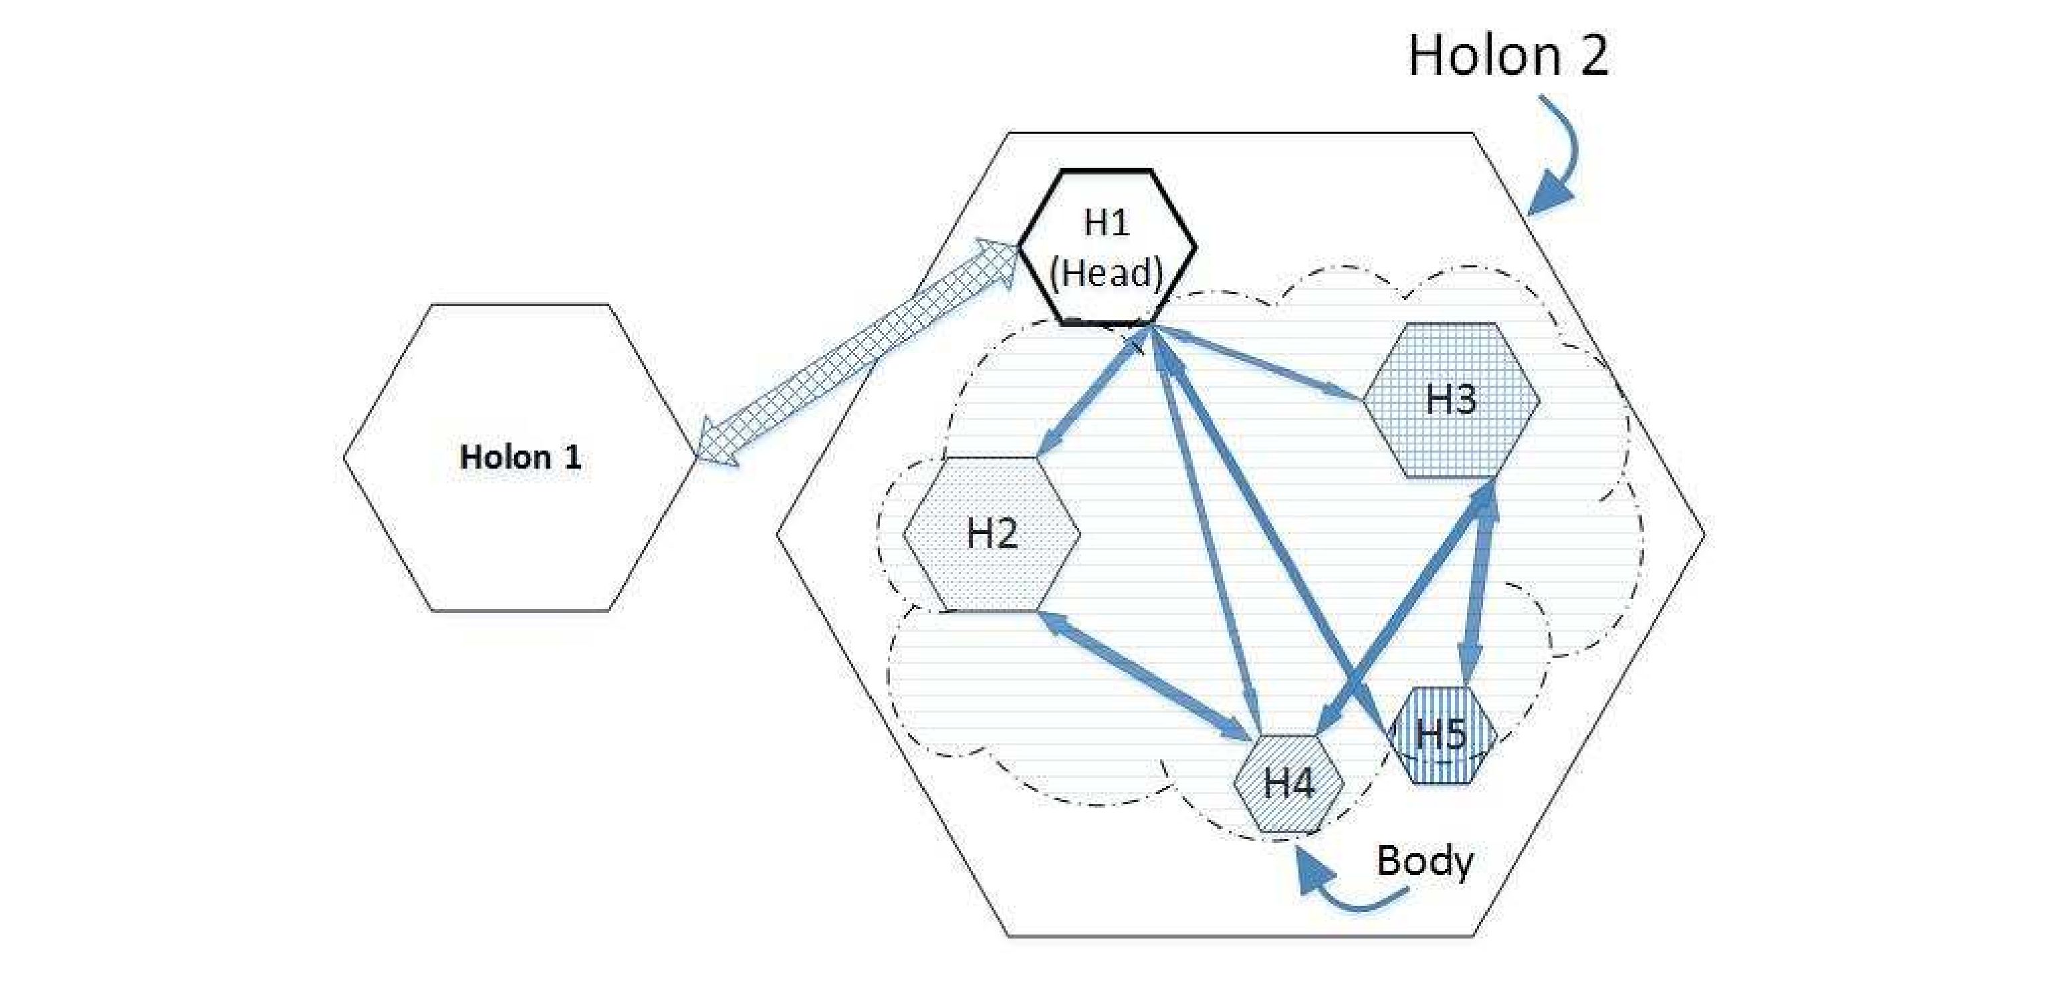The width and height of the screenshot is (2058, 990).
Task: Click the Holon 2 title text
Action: point(1508,56)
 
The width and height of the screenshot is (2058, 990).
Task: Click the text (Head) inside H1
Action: point(1107,273)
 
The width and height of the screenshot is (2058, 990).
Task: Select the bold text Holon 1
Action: point(520,457)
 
